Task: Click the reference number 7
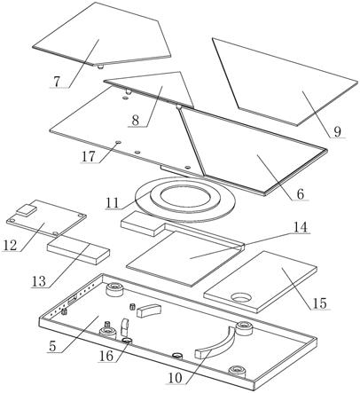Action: pos(57,82)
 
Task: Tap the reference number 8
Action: pos(135,121)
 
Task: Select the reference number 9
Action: pos(337,131)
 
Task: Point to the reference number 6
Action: pos(301,194)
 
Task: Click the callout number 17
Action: pos(89,156)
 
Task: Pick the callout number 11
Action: pos(113,203)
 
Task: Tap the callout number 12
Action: pos(11,245)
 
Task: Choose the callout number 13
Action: pos(39,281)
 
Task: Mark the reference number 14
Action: pos(300,227)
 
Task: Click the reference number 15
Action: pos(319,303)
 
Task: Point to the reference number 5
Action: pos(52,346)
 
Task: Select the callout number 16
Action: pos(106,356)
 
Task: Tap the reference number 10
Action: pos(176,378)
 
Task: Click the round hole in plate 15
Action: pos(242,297)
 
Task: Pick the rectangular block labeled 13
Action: pos(78,252)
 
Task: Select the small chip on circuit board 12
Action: pos(26,209)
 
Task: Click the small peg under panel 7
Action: pos(101,67)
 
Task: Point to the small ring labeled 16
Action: pos(128,341)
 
